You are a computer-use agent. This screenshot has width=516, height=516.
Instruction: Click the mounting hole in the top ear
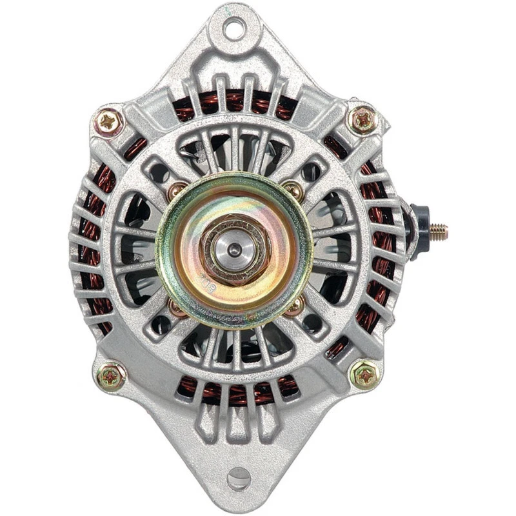pos(234,28)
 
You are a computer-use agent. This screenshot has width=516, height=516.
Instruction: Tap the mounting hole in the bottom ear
pos(239,478)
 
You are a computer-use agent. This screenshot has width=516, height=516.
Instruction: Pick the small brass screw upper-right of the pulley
pos(292,189)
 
